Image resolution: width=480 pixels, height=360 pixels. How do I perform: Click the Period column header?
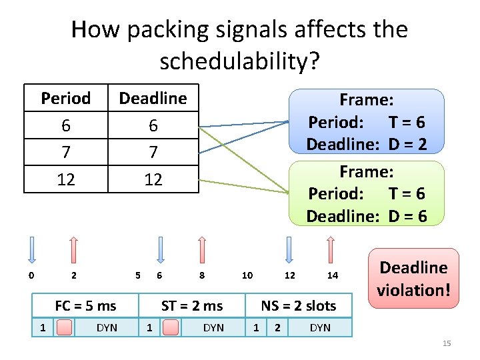click(65, 99)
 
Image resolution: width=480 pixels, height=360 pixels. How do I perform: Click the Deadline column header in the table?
click(153, 99)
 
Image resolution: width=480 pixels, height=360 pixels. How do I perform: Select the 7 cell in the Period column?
click(65, 152)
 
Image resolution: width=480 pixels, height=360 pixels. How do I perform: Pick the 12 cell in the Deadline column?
click(153, 179)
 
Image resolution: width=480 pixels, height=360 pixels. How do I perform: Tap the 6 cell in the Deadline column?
click(153, 125)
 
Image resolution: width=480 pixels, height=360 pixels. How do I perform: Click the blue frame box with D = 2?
click(366, 122)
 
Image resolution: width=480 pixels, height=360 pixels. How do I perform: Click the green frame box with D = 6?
click(366, 193)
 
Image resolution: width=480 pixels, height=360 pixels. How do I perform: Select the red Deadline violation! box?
click(413, 279)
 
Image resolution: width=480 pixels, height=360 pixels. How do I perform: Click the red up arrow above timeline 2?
click(73, 249)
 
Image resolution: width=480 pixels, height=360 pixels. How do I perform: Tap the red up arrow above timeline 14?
click(331, 249)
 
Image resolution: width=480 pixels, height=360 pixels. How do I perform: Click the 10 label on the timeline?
click(247, 275)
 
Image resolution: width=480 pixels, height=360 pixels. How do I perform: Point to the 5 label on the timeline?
click(137, 275)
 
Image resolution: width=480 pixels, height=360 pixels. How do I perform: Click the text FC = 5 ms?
click(85, 306)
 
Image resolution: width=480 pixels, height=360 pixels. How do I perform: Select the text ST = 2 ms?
click(192, 306)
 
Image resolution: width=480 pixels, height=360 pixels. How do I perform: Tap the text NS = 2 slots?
click(298, 306)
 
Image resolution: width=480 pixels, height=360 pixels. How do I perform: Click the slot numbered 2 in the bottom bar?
click(277, 327)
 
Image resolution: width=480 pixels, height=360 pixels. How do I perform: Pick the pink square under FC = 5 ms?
click(65, 327)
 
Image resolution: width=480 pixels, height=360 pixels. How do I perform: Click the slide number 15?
click(447, 343)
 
